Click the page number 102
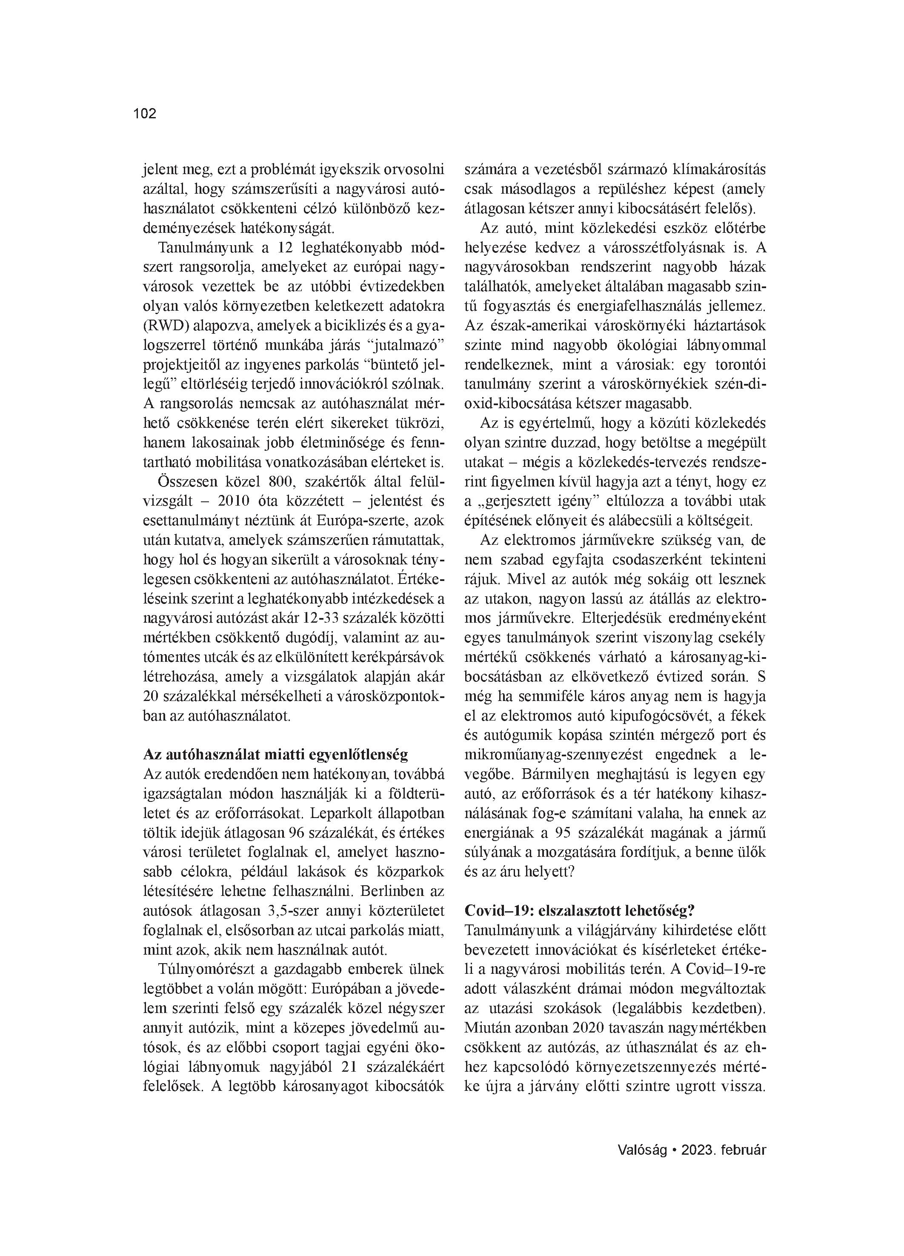point(145,114)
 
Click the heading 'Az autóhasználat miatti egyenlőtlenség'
point(275,755)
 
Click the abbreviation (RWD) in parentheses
point(166,326)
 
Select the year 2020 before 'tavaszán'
point(588,1028)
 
